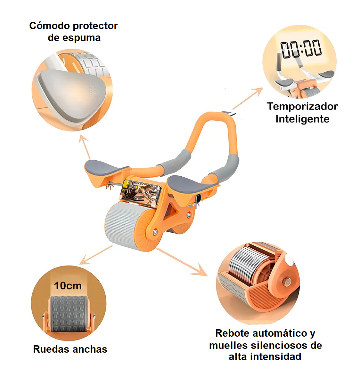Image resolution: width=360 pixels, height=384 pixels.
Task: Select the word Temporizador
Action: pos(302,107)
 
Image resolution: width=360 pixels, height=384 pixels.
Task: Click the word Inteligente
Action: pos(302,119)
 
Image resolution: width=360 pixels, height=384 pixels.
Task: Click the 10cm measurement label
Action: pos(68,285)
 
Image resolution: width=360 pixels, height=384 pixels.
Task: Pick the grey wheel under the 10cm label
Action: pos(68,314)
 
